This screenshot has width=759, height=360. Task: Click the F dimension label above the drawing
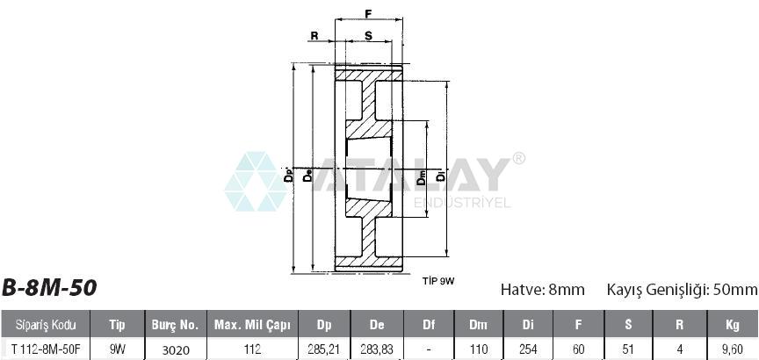click(368, 13)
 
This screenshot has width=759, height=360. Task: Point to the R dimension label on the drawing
click(314, 35)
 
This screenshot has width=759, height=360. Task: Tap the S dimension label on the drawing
click(368, 35)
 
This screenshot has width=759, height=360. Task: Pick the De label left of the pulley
click(307, 175)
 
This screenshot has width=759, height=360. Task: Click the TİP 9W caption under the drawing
click(438, 281)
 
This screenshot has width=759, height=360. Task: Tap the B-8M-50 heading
click(49, 288)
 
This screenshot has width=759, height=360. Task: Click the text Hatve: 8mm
click(543, 290)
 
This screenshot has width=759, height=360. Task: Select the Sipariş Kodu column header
click(46, 325)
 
